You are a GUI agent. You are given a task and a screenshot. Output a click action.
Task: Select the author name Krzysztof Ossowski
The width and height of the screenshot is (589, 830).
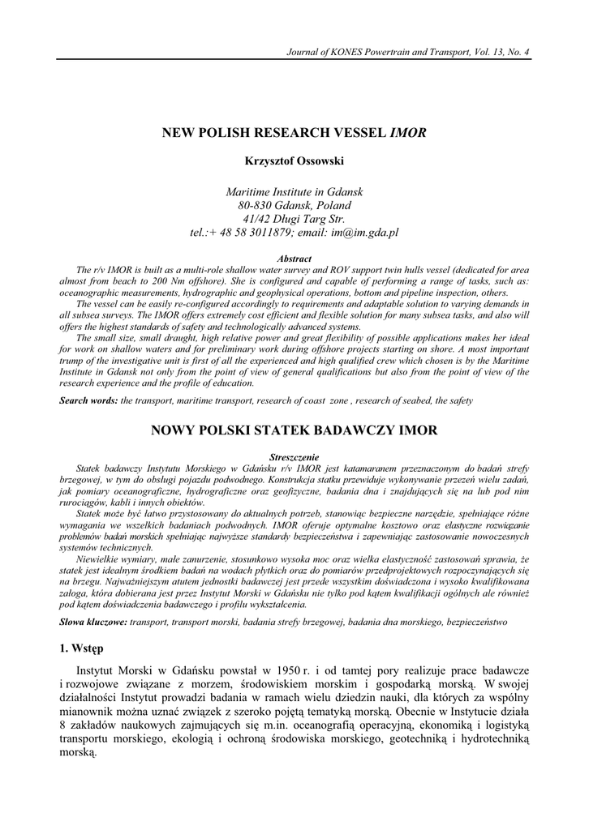[x=294, y=160]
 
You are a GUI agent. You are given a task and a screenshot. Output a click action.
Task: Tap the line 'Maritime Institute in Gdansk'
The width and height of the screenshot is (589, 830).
[x=294, y=191]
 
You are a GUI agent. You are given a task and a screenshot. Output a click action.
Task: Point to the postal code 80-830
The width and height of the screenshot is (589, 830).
[x=244, y=205]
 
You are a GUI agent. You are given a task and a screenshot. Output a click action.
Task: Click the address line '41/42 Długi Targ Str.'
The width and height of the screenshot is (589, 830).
[x=294, y=219]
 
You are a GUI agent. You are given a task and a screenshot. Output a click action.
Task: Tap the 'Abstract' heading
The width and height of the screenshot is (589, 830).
[x=294, y=259]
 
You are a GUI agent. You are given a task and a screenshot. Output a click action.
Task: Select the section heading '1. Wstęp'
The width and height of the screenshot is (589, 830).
[x=81, y=650]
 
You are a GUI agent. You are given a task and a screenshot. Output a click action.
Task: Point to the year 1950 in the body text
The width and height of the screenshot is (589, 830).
[x=282, y=673]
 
